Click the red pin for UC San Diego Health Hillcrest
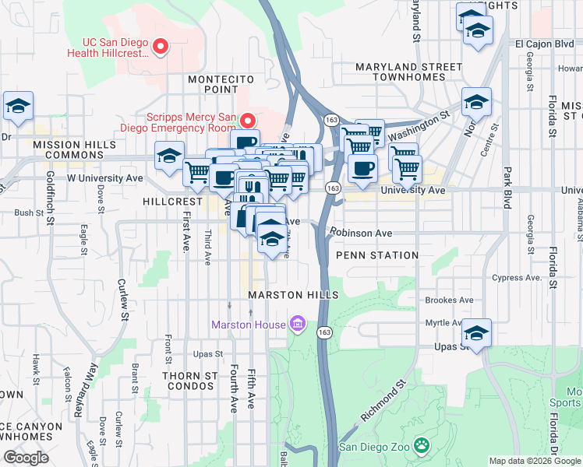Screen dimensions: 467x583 pyautogui.click(x=161, y=47)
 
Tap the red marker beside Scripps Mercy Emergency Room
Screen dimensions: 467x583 pyautogui.click(x=248, y=120)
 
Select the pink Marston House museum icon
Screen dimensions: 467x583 pyautogui.click(x=296, y=323)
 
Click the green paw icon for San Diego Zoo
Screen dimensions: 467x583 pyautogui.click(x=422, y=447)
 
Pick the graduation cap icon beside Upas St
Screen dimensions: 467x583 pyautogui.click(x=477, y=333)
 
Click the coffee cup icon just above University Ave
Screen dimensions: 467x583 pyautogui.click(x=362, y=168)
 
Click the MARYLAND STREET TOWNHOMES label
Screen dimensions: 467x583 pyautogui.click(x=400, y=72)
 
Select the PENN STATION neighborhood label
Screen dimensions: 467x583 pyautogui.click(x=377, y=255)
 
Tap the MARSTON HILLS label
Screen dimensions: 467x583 pyautogui.click(x=293, y=295)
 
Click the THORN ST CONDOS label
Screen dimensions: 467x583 pyautogui.click(x=189, y=381)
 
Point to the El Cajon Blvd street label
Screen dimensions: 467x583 pyautogui.click(x=543, y=44)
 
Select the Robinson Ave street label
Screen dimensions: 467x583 pyautogui.click(x=360, y=233)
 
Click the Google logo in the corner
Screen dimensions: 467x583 pyautogui.click(x=26, y=457)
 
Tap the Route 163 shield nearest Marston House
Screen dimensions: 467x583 pyautogui.click(x=323, y=332)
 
